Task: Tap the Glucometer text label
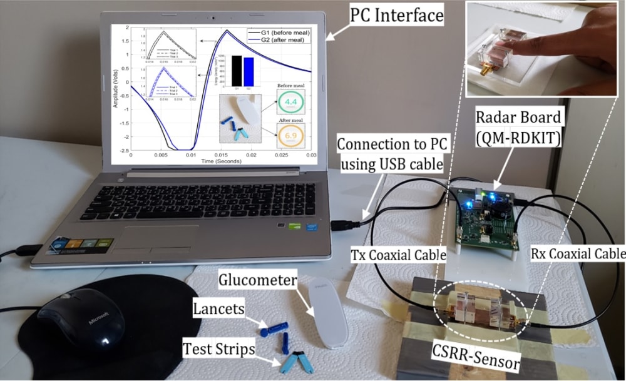(x=256, y=281)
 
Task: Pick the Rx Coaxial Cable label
(x=577, y=254)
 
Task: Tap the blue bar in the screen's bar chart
(x=249, y=71)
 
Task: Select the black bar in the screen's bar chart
(x=236, y=70)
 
